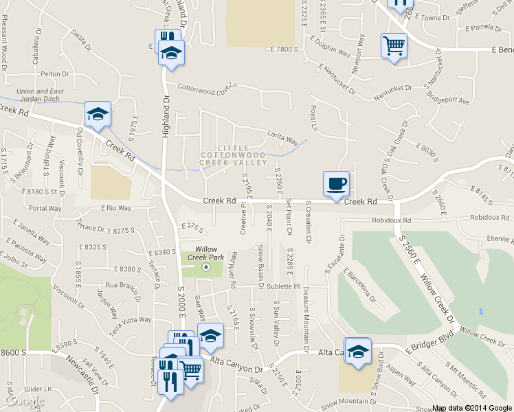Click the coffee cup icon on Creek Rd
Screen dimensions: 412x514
click(x=336, y=183)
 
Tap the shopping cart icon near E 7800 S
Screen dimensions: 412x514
click(x=394, y=46)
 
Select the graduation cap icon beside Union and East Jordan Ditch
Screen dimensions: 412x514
click(x=98, y=114)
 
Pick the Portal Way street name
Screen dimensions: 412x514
click(x=45, y=208)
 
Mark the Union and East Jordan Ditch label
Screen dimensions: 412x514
click(x=40, y=95)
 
